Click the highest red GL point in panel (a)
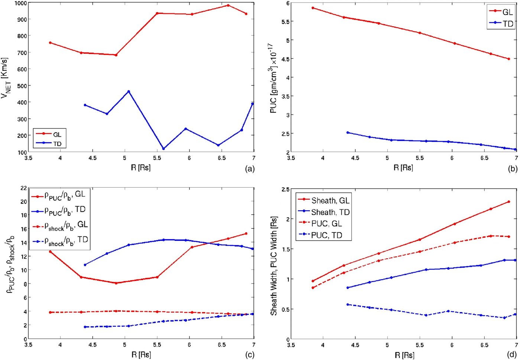tap(228, 5)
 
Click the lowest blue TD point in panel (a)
tap(163, 149)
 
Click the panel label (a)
tap(250, 169)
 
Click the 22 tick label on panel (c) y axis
tap(23, 188)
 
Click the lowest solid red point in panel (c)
tap(116, 283)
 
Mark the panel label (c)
tap(250, 355)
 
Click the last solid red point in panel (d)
tap(508, 202)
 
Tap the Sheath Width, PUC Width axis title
tap(274, 266)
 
